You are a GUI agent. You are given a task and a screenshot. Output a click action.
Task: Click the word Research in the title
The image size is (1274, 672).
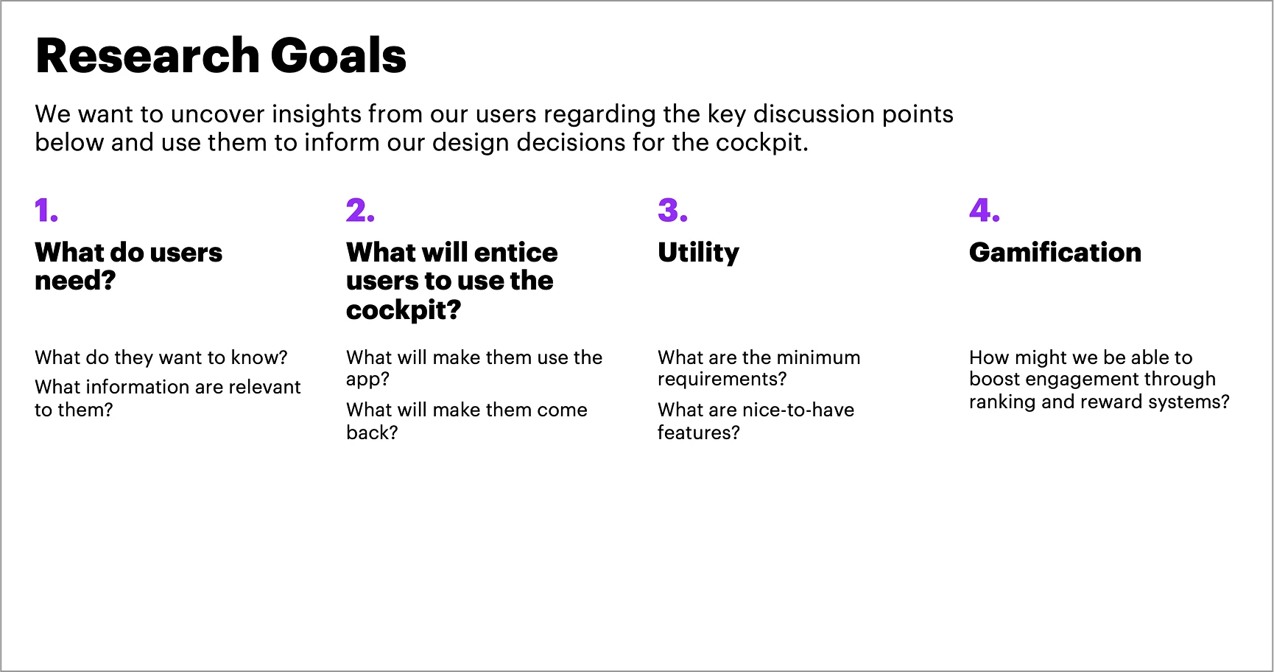pyautogui.click(x=147, y=56)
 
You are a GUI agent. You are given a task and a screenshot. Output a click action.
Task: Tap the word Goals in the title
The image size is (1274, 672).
pyautogui.click(x=339, y=56)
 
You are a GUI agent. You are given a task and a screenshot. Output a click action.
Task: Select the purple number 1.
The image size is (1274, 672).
pyautogui.click(x=46, y=211)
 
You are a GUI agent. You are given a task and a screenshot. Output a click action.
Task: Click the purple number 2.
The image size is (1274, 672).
pyautogui.click(x=360, y=211)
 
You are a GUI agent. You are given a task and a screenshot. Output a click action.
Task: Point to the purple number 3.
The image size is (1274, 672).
pyautogui.click(x=672, y=211)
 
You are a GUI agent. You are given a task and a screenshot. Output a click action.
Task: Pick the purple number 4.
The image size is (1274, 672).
pyautogui.click(x=985, y=211)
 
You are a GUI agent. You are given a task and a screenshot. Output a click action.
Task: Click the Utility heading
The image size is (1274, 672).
pyautogui.click(x=698, y=253)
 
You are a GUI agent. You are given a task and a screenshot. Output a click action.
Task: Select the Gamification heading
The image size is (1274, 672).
pyautogui.click(x=1055, y=252)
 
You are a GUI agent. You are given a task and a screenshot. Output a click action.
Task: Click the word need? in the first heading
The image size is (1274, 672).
pyautogui.click(x=75, y=281)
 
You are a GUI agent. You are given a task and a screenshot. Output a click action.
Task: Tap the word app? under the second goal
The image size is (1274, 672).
pyautogui.click(x=367, y=380)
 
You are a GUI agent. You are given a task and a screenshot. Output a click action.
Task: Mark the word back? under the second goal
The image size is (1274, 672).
pyautogui.click(x=372, y=433)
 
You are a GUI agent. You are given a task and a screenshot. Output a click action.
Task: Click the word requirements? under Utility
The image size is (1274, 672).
pyautogui.click(x=722, y=380)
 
